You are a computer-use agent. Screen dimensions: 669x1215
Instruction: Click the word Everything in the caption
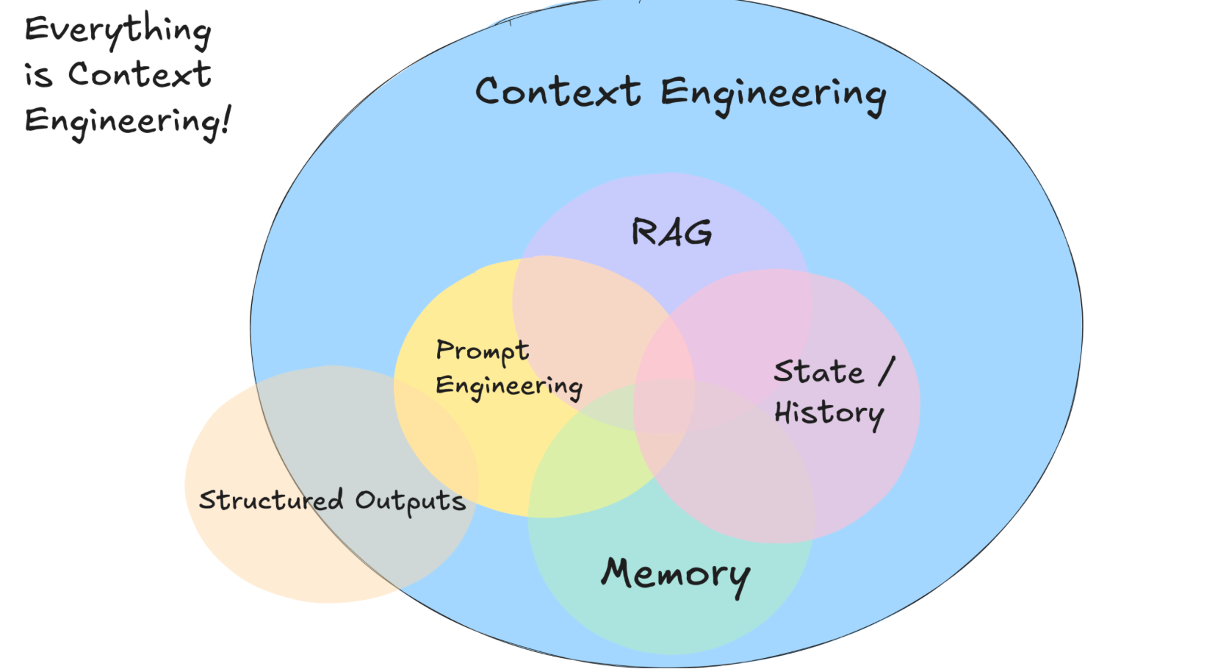coord(118,31)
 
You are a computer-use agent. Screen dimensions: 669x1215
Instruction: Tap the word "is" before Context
coord(38,76)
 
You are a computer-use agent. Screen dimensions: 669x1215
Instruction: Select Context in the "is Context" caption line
coord(140,75)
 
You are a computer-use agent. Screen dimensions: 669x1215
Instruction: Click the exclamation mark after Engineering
coord(226,120)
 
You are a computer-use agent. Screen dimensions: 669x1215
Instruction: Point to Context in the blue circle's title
coord(558,93)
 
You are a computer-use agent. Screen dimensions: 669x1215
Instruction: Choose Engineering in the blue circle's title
coord(773,96)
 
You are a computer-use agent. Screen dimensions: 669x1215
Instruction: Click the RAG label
coord(671,232)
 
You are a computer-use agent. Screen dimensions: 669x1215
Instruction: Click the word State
coord(818,371)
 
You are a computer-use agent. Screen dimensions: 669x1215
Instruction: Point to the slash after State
coord(887,371)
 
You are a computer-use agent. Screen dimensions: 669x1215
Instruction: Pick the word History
coord(829,414)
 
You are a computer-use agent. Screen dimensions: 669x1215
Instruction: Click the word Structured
coord(271,500)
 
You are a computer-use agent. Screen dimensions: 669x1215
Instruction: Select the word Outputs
coord(410,502)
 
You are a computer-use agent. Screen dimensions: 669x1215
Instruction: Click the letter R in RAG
coord(643,232)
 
